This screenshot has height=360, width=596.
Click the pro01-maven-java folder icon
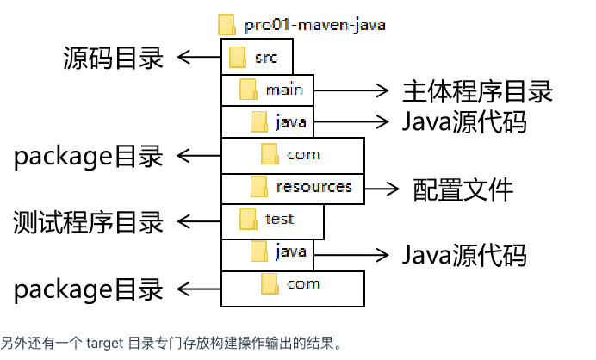(x=227, y=24)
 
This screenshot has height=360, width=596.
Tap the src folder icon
(x=238, y=59)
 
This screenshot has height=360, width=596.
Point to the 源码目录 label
(x=113, y=59)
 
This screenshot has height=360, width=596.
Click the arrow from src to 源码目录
(x=198, y=59)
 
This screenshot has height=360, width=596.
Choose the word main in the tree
(x=283, y=90)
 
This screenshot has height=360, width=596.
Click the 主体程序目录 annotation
(x=476, y=90)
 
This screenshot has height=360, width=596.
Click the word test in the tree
(x=280, y=219)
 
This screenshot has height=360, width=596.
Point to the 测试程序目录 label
(x=89, y=222)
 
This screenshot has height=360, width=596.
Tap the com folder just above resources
(x=270, y=155)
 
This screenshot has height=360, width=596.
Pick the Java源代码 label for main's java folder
(x=463, y=121)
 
